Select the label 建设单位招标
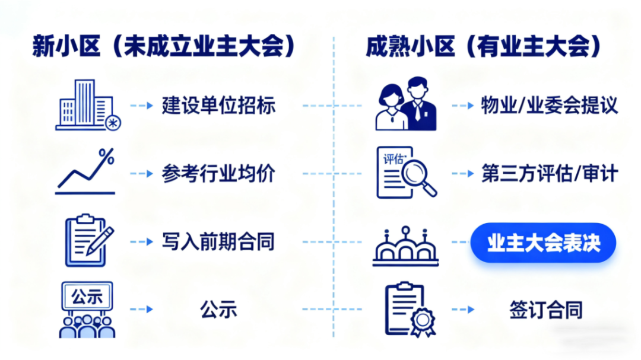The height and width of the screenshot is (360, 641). [218, 106]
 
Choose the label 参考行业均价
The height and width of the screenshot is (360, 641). [218, 174]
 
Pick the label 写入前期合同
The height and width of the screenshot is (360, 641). [218, 242]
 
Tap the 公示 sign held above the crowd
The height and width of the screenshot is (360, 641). [87, 296]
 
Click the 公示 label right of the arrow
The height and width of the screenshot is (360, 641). [218, 310]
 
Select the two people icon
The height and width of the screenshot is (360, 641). [406, 105]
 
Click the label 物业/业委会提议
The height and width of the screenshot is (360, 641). [550, 106]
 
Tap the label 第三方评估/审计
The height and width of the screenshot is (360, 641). [550, 174]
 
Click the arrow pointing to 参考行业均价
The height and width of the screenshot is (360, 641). [142, 174]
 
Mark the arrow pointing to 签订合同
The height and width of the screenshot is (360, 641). [463, 310]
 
